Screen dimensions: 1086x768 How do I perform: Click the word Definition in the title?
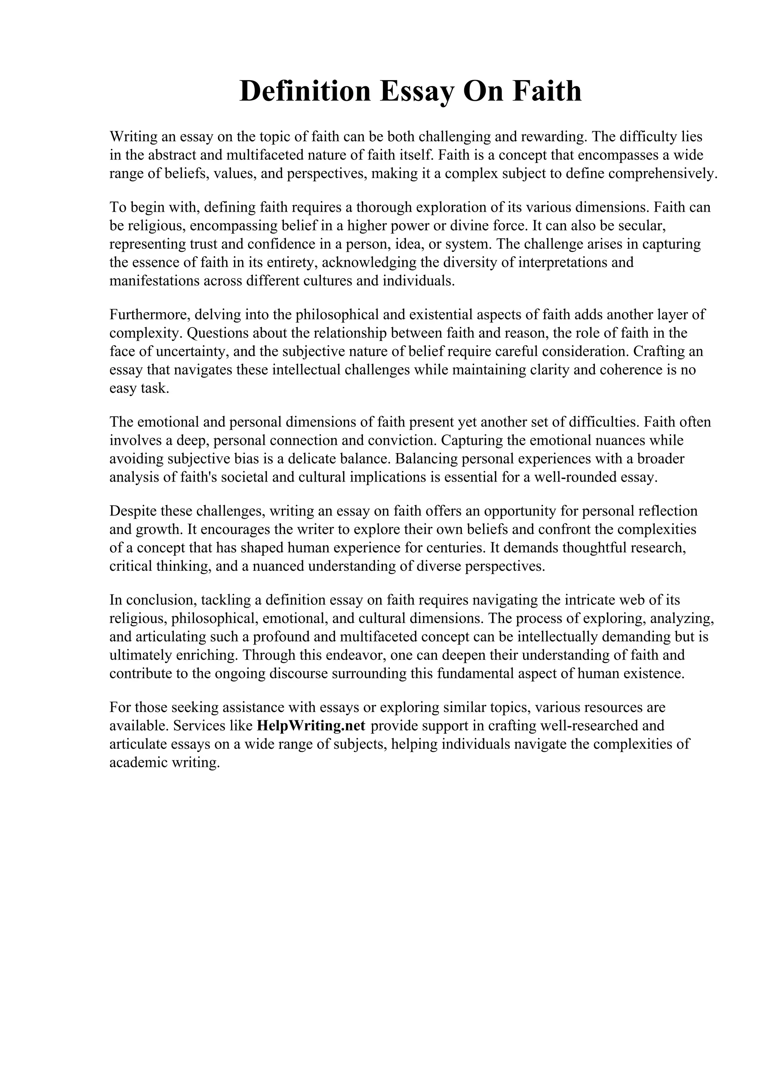point(305,91)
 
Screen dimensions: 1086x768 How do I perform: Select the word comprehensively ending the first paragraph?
point(663,174)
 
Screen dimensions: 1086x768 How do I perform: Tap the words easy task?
point(139,388)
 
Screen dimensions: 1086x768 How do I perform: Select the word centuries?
point(455,548)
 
